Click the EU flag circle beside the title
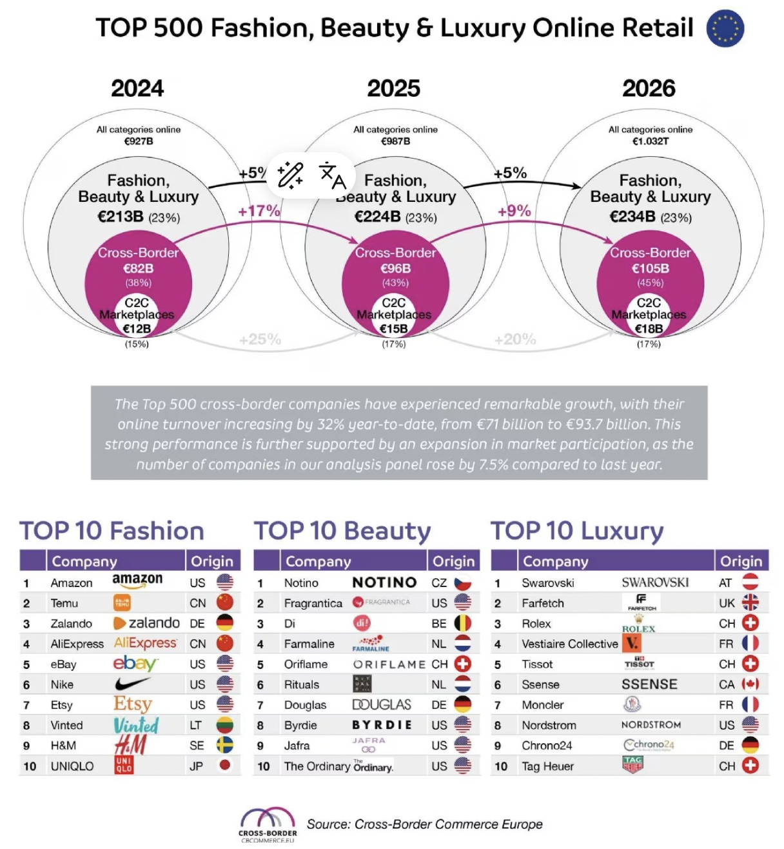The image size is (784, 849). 725,29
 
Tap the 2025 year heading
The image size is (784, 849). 393,88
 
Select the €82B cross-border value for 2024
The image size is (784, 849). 138,268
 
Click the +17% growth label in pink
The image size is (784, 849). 259,211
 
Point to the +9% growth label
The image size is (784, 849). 514,211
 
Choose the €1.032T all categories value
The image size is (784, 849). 651,141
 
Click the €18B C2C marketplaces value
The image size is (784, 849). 649,329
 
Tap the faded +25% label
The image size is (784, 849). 260,339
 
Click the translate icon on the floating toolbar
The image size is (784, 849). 332,175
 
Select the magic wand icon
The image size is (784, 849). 290,175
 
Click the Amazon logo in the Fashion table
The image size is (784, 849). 137,581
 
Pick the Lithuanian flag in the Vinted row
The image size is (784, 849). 224,725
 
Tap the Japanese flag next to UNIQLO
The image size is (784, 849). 224,766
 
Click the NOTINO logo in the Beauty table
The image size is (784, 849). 384,583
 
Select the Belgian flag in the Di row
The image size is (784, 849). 463,623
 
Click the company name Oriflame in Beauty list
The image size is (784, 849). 306,664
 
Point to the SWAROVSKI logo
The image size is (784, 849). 655,583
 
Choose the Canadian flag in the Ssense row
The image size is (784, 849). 750,684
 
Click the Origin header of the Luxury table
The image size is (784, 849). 741,561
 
